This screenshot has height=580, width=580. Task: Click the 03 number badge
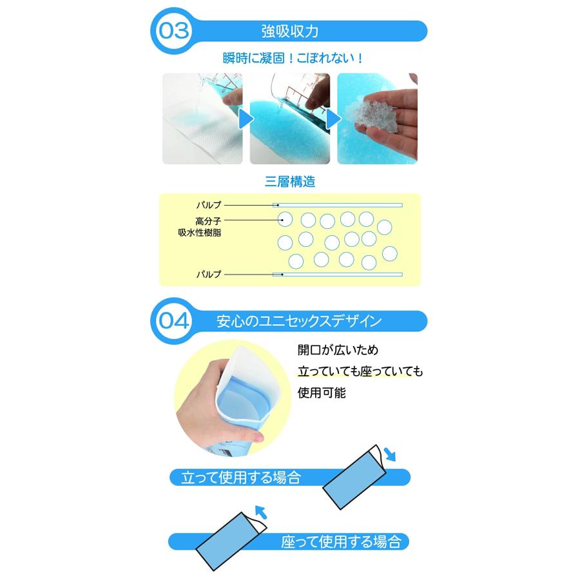(x=172, y=30)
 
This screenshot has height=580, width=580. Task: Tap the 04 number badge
(x=173, y=320)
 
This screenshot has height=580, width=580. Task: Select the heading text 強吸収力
(x=289, y=31)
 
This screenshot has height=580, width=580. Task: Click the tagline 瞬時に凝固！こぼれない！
(x=289, y=58)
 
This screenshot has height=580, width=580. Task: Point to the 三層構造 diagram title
(x=289, y=182)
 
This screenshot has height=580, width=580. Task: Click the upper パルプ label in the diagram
(x=208, y=205)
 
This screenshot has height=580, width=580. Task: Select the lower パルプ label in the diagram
(x=208, y=275)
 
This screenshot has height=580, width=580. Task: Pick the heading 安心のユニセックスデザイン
(x=300, y=320)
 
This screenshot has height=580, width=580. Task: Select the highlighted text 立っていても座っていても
(x=360, y=372)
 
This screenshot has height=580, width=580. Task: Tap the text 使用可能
(x=322, y=392)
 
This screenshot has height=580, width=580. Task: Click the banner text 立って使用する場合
(x=241, y=478)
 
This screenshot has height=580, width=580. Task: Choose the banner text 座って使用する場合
(x=341, y=541)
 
